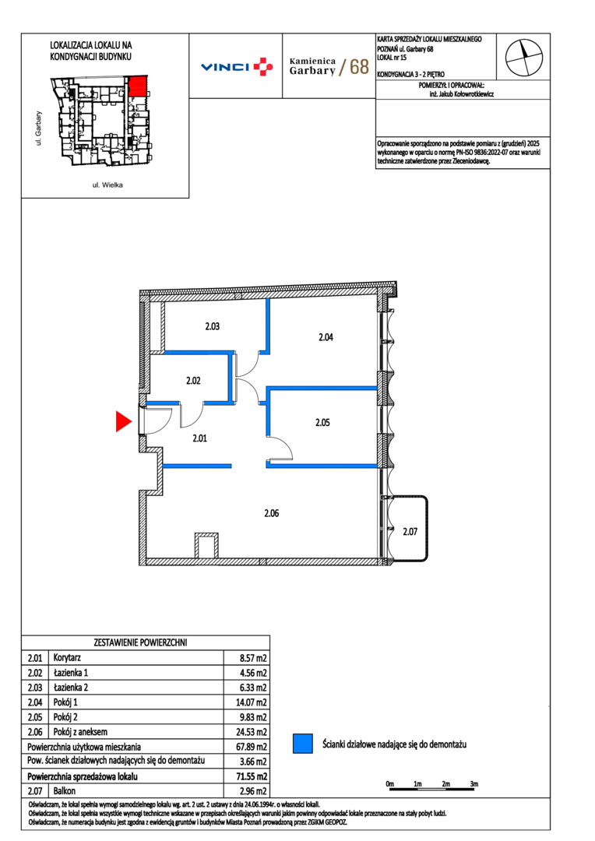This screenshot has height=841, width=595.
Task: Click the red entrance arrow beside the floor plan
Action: pos(123,421)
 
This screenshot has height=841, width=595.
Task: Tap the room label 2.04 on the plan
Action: pos(326,337)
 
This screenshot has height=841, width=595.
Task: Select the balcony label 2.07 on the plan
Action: pos(410,532)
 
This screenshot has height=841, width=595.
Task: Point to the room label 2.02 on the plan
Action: pos(193,381)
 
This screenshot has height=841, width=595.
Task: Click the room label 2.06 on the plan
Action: pos(272,513)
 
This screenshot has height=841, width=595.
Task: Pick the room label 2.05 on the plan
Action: pos(322,423)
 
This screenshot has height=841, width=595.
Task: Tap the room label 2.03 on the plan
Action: pos(213,326)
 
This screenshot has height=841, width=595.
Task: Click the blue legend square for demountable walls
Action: pos(303,744)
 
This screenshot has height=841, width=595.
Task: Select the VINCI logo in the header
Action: pos(237,66)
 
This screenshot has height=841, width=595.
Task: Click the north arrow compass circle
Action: pos(523,58)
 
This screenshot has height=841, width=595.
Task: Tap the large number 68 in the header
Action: pos(360,66)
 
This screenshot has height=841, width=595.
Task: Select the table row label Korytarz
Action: pos(67,657)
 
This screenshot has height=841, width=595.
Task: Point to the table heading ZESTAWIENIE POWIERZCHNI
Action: pos(140,642)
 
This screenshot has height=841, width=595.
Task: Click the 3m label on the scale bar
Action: pos(474,783)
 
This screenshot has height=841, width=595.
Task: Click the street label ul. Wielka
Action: pos(107,185)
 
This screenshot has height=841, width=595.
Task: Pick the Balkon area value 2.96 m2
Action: pos(252,791)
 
